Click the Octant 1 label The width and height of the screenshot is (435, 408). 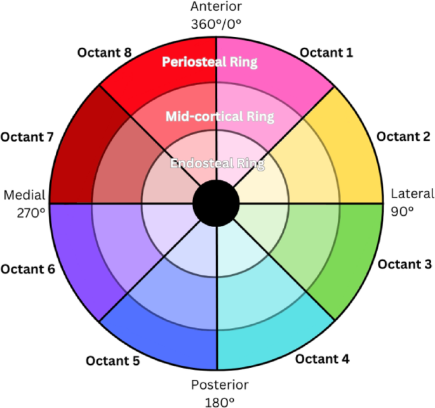326,53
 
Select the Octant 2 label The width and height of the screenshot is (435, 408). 403,136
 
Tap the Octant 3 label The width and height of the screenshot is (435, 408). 404,263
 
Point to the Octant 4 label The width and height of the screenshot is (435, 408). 323,359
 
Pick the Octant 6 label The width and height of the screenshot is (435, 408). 28,268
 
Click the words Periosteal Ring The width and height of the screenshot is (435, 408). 209,62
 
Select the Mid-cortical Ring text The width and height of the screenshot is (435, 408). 220,117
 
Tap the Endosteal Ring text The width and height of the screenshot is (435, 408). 217,163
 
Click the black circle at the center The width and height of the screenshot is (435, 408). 216,204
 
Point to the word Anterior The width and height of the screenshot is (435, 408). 217,8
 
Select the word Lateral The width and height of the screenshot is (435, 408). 412,194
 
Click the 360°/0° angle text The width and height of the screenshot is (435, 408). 217,24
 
